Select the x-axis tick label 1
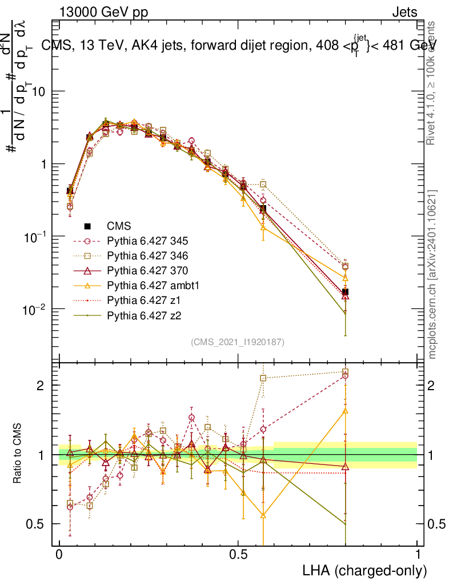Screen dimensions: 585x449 tap(417, 555)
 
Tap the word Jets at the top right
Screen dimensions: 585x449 tap(404, 12)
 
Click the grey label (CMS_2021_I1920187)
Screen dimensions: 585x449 tap(238, 342)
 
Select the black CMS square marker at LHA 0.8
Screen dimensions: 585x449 tap(345, 292)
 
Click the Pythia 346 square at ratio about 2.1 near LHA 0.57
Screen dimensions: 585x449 tap(263, 378)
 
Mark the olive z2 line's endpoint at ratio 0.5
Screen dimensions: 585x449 tap(345, 524)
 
